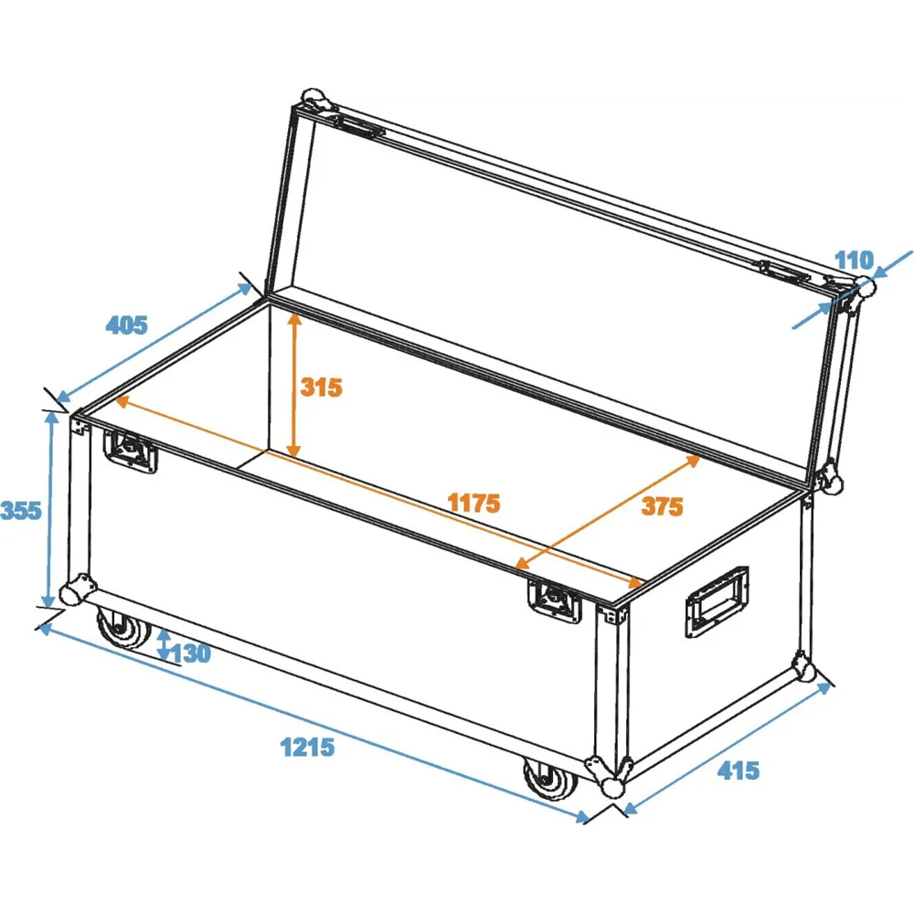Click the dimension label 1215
click(307, 747)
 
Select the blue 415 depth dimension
click(739, 771)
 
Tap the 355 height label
click(21, 511)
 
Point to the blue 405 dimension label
click(126, 324)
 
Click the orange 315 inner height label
click(321, 387)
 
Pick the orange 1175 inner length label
click(473, 503)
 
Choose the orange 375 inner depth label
click(662, 506)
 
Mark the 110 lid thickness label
click(855, 260)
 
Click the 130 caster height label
click(191, 654)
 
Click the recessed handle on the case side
click(717, 602)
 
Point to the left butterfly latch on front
click(130, 451)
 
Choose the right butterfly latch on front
click(555, 601)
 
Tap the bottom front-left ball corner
click(76, 590)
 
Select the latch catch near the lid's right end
click(784, 271)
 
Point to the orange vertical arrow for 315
click(294, 385)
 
